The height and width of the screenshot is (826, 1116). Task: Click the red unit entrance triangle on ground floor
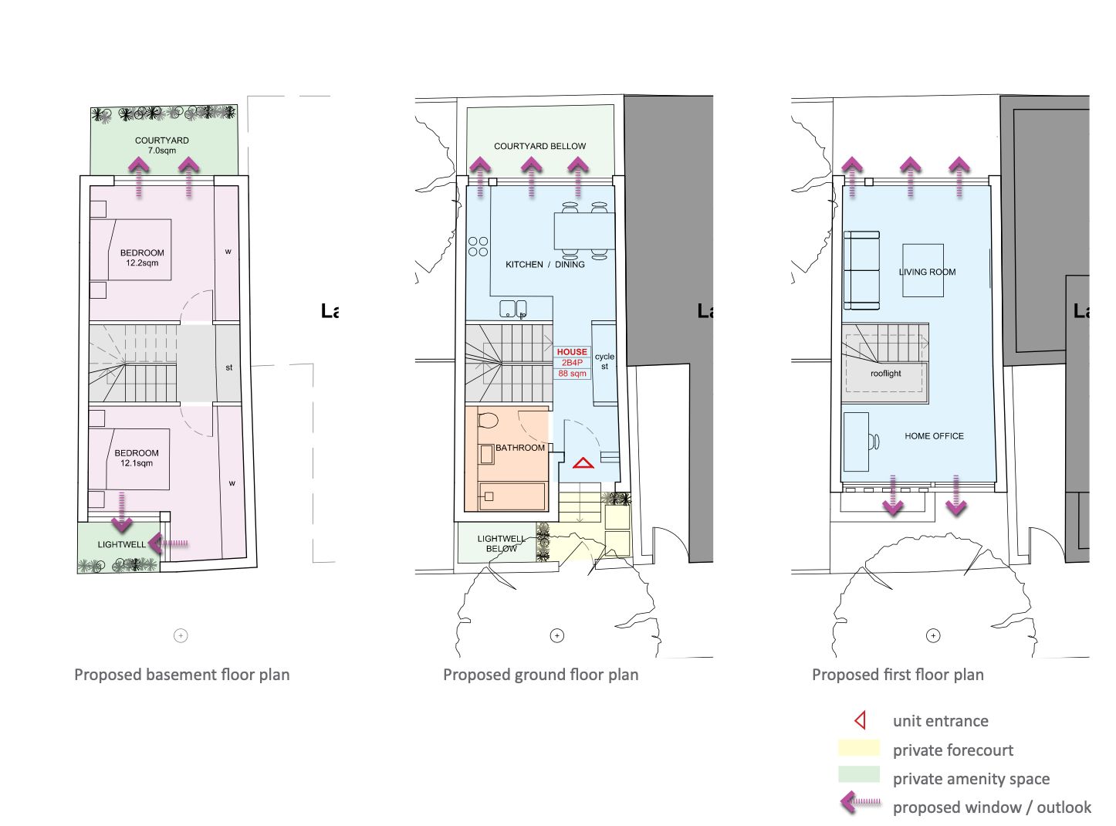click(x=583, y=463)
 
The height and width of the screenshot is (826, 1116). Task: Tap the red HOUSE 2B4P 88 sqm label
click(x=572, y=362)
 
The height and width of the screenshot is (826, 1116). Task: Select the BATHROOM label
click(x=519, y=448)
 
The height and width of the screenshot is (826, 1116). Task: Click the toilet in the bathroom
click(x=488, y=420)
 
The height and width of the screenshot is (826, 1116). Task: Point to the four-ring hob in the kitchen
click(x=478, y=247)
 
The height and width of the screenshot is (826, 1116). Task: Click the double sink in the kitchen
click(x=513, y=309)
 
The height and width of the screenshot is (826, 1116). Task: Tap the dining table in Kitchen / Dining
click(x=584, y=231)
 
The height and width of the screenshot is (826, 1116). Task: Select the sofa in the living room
click(x=861, y=269)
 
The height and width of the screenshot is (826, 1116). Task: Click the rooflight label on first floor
click(x=885, y=374)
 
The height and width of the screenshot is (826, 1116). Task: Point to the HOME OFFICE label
click(x=934, y=436)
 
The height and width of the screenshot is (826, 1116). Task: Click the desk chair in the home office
click(x=874, y=442)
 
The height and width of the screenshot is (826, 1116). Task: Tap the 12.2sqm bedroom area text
click(x=142, y=262)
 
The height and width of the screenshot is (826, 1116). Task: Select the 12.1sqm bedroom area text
click(x=137, y=463)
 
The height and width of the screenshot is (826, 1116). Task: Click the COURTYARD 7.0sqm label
click(x=161, y=145)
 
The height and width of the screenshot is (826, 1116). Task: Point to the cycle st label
click(x=604, y=361)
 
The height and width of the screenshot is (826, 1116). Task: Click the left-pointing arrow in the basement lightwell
click(x=168, y=543)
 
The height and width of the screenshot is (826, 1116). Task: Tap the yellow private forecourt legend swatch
click(x=858, y=748)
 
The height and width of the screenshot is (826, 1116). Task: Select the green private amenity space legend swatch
click(x=858, y=774)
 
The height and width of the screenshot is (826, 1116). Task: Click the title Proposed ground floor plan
click(x=540, y=675)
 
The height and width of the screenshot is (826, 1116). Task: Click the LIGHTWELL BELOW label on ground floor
click(x=501, y=543)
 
